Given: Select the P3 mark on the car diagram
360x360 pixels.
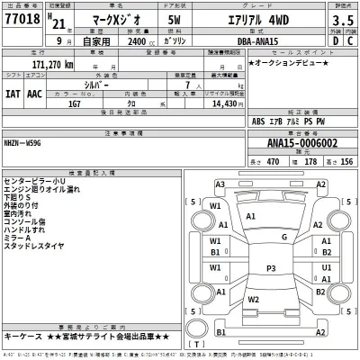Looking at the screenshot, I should [x=271, y=269].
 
